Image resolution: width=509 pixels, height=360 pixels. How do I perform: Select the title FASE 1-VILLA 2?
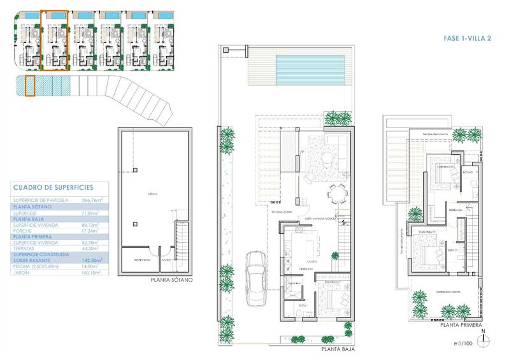coord(467,39)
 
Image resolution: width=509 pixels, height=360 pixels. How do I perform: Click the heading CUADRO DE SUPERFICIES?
coord(53,187)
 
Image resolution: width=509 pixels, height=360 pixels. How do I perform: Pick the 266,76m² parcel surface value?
coord(93,199)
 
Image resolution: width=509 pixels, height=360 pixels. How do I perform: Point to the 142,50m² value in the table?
coord(93,260)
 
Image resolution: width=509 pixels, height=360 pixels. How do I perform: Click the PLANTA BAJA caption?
coord(338,349)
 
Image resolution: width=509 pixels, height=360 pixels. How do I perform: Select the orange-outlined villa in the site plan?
coord(54,40)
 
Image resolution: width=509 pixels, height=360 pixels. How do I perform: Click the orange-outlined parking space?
coord(29,85)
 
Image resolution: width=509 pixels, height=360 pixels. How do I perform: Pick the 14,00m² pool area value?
coord(93,266)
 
